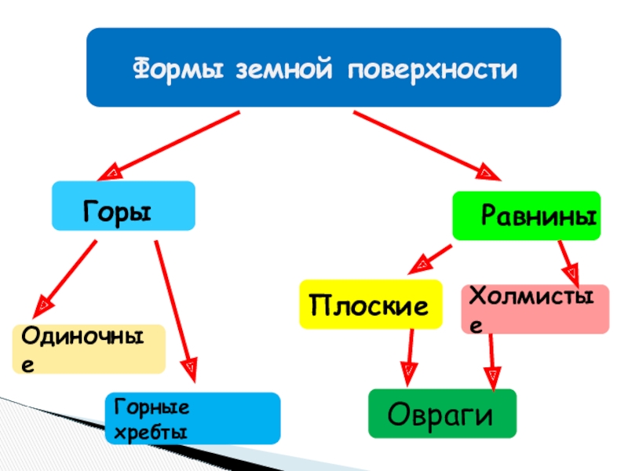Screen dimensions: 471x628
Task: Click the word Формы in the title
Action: tap(174, 69)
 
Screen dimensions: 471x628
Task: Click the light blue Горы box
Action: tap(123, 206)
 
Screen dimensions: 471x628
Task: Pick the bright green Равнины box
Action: tap(526, 215)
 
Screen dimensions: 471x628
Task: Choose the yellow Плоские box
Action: tap(370, 304)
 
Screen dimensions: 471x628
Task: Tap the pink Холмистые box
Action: tap(535, 309)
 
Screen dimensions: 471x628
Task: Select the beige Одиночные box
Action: tap(88, 349)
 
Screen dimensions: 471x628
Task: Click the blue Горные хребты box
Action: tap(192, 418)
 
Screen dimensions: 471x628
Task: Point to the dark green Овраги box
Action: tap(443, 413)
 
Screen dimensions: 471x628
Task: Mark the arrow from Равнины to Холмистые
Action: tap(568, 263)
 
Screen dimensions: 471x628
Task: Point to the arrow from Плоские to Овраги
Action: tap(411, 357)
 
